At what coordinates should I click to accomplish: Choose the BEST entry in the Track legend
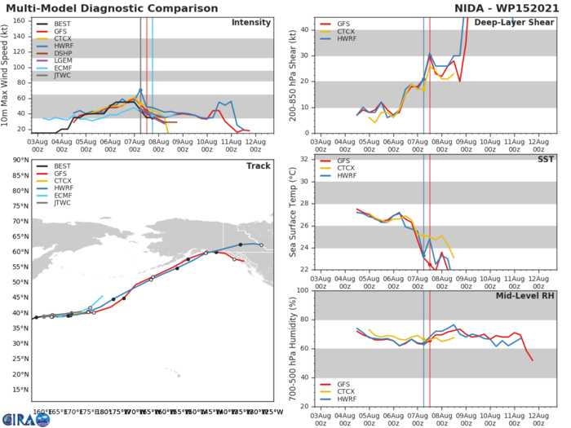tap(60, 165)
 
